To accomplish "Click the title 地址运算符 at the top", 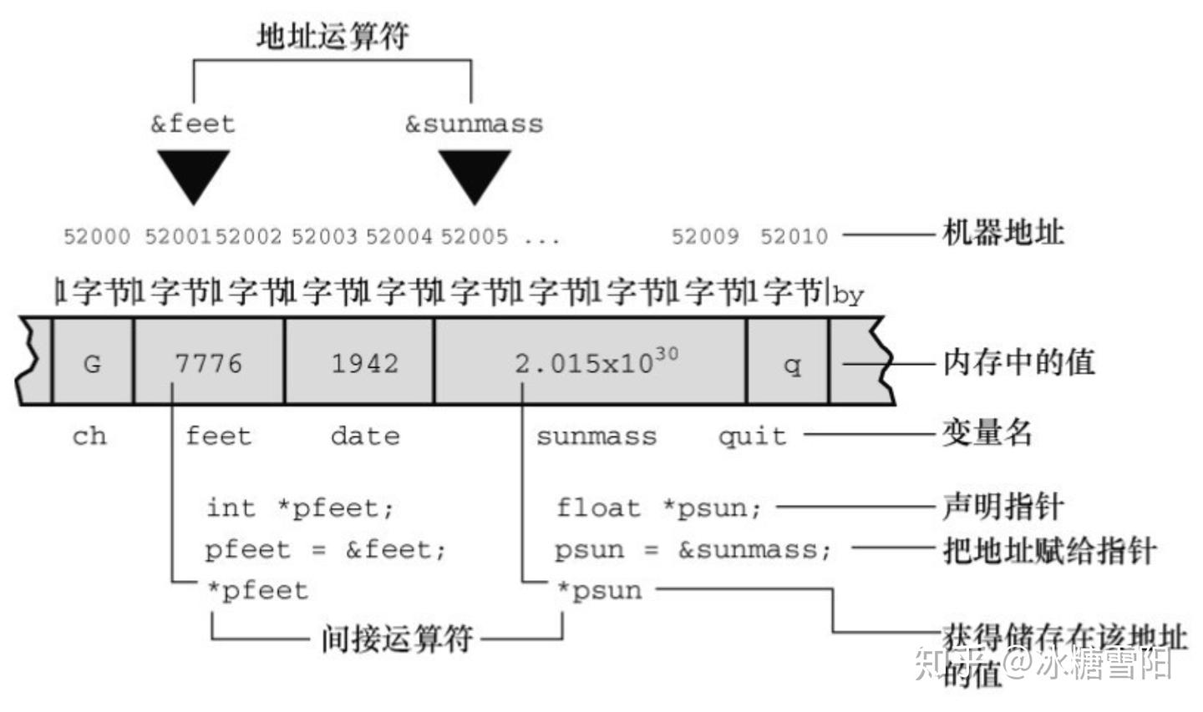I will click(332, 36).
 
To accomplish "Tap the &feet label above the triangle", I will click(193, 124).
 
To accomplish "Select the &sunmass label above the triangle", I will click(474, 124).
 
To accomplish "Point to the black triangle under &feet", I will click(193, 171).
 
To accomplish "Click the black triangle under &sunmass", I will click(475, 171).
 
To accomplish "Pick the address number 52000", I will click(97, 236).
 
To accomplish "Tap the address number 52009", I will click(705, 236).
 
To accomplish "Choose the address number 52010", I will click(794, 236).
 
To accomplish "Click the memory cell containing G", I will click(92, 363).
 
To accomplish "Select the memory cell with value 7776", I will click(208, 363).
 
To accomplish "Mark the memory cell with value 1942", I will click(364, 363).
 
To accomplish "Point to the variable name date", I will click(365, 435).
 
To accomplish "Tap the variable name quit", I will click(752, 435).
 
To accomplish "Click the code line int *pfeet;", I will click(300, 507).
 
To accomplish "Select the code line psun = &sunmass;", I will click(693, 549).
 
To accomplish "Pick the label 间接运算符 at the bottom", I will click(397, 639).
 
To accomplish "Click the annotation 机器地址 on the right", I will click(1002, 233).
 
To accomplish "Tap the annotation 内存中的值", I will click(1018, 362).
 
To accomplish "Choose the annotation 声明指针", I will click(1002, 506).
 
